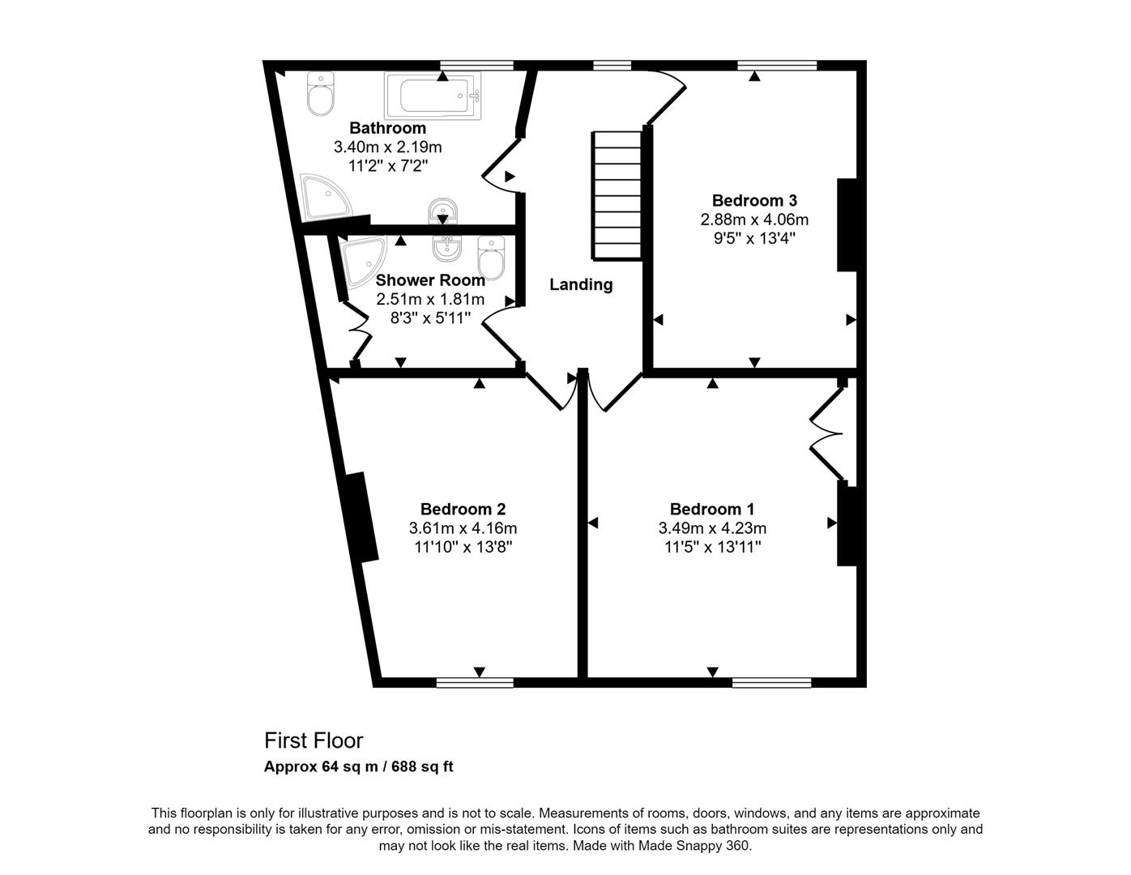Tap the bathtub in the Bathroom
click(x=433, y=95)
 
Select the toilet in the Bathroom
click(x=321, y=96)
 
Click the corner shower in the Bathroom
click(x=323, y=197)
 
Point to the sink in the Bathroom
click(x=442, y=212)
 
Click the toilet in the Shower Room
click(x=491, y=257)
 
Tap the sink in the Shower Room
click(x=446, y=248)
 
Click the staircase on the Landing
click(x=617, y=195)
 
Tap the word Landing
click(x=581, y=284)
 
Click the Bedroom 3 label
click(x=754, y=200)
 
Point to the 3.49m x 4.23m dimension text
click(x=712, y=528)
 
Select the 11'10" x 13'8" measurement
click(x=463, y=547)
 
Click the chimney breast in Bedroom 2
click(x=361, y=517)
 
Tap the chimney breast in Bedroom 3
click(x=847, y=225)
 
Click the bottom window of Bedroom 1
click(x=771, y=682)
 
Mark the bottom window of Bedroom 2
click(x=475, y=682)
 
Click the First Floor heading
click(x=314, y=741)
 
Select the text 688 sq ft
click(x=422, y=766)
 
